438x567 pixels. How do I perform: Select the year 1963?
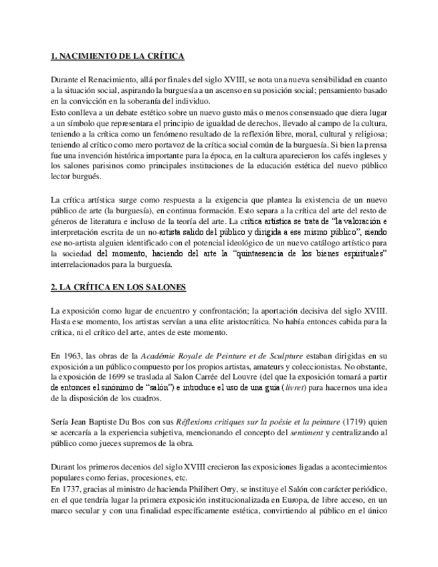(74, 355)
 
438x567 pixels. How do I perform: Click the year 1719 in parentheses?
(356, 421)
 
